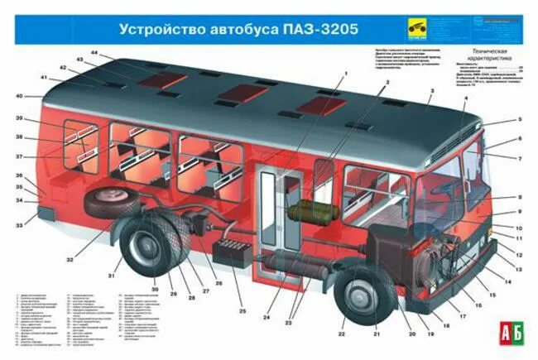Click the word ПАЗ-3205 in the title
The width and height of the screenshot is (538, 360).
324,30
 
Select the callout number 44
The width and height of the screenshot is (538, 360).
95,53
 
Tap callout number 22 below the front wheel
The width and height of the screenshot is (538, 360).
341,334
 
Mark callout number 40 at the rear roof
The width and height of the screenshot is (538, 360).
18,97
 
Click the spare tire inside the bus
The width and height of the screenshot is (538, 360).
108,201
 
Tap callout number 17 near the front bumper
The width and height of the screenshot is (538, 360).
462,315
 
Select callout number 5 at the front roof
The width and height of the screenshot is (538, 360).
520,120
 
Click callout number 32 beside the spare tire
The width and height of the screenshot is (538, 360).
70,260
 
